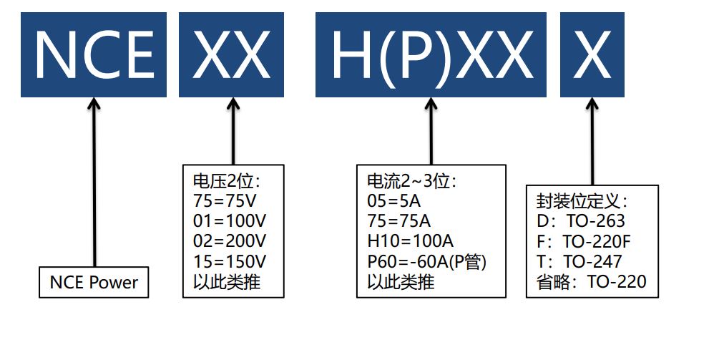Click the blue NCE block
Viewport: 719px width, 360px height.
(x=93, y=55)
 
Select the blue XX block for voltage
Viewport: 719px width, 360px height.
(x=231, y=55)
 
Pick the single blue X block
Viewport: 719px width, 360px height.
(x=592, y=55)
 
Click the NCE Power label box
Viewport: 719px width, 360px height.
(x=94, y=283)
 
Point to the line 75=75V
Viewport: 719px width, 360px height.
(x=225, y=200)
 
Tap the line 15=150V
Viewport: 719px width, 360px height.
(x=229, y=261)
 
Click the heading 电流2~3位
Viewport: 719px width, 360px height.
(x=411, y=180)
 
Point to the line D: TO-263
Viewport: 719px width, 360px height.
(x=580, y=220)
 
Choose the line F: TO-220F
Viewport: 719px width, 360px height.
(x=584, y=240)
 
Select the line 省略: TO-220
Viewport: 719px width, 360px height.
(x=590, y=282)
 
